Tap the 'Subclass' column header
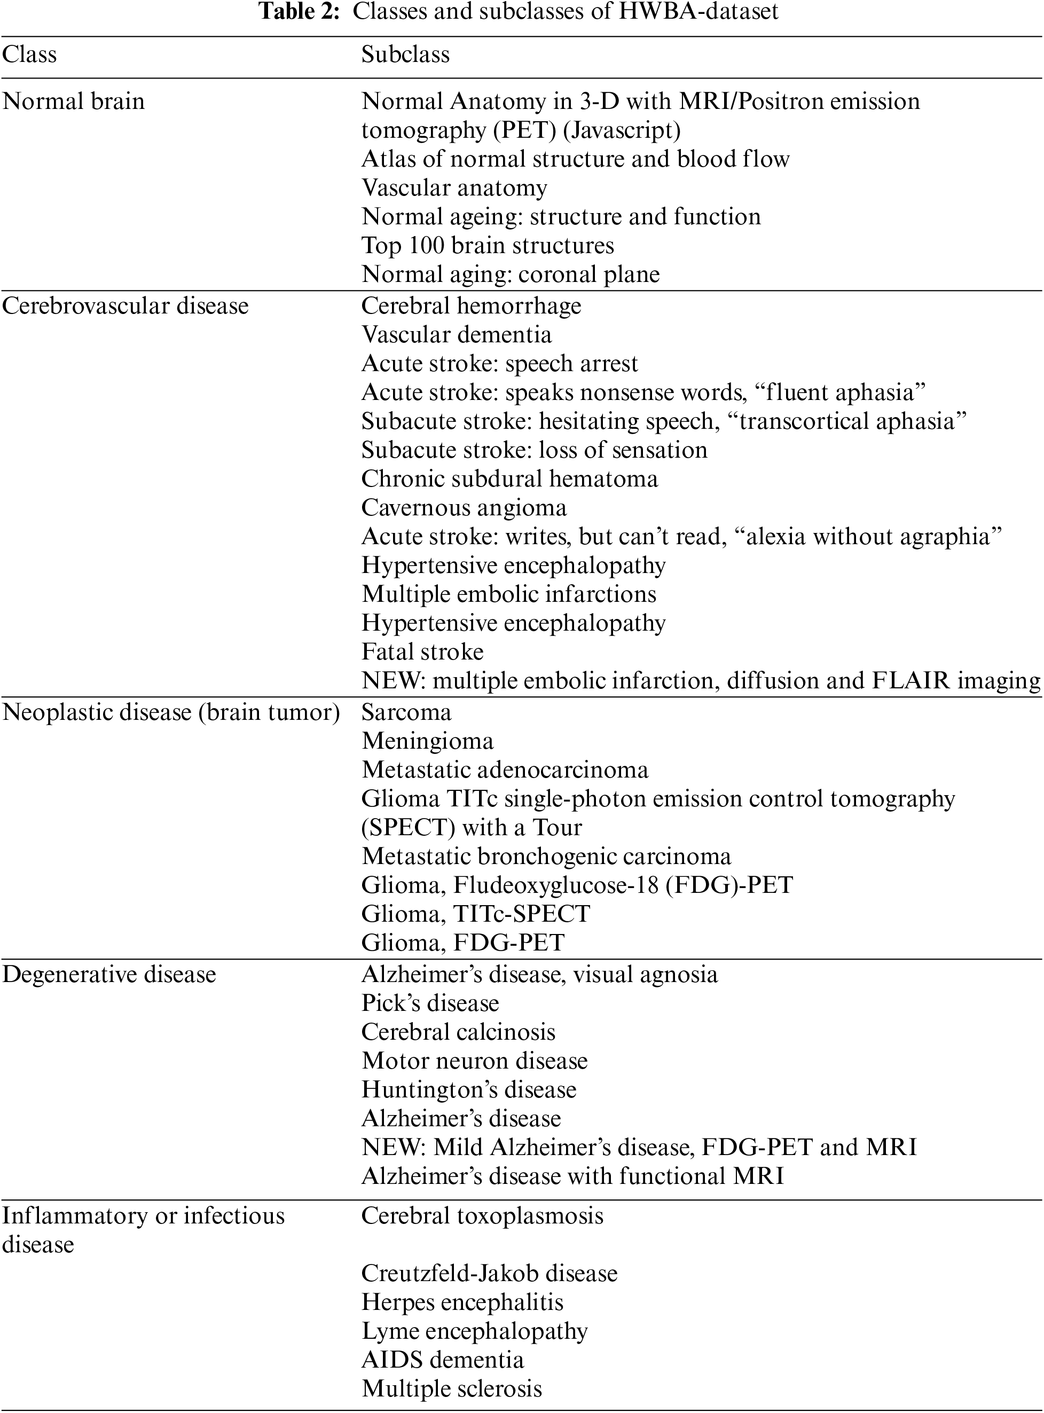pyautogui.click(x=405, y=54)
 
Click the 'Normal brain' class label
pyautogui.click(x=73, y=101)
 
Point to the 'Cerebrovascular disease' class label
pyautogui.click(x=125, y=306)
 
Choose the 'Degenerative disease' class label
pyautogui.click(x=109, y=975)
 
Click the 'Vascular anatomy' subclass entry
pyautogui.click(x=454, y=187)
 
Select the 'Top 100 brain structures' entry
pyautogui.click(x=487, y=245)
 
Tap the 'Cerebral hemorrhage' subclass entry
pyautogui.click(x=471, y=306)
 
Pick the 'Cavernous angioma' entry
pyautogui.click(x=464, y=507)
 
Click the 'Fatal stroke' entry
pyautogui.click(x=422, y=651)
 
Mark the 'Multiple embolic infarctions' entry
pyautogui.click(x=509, y=594)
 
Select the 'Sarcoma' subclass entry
pyautogui.click(x=406, y=712)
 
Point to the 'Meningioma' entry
pyautogui.click(x=427, y=741)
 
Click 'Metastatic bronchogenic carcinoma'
pyautogui.click(x=546, y=856)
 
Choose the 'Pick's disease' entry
pyautogui.click(x=430, y=1003)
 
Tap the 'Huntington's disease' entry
pyautogui.click(x=468, y=1089)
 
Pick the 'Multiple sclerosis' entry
pyautogui.click(x=452, y=1388)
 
